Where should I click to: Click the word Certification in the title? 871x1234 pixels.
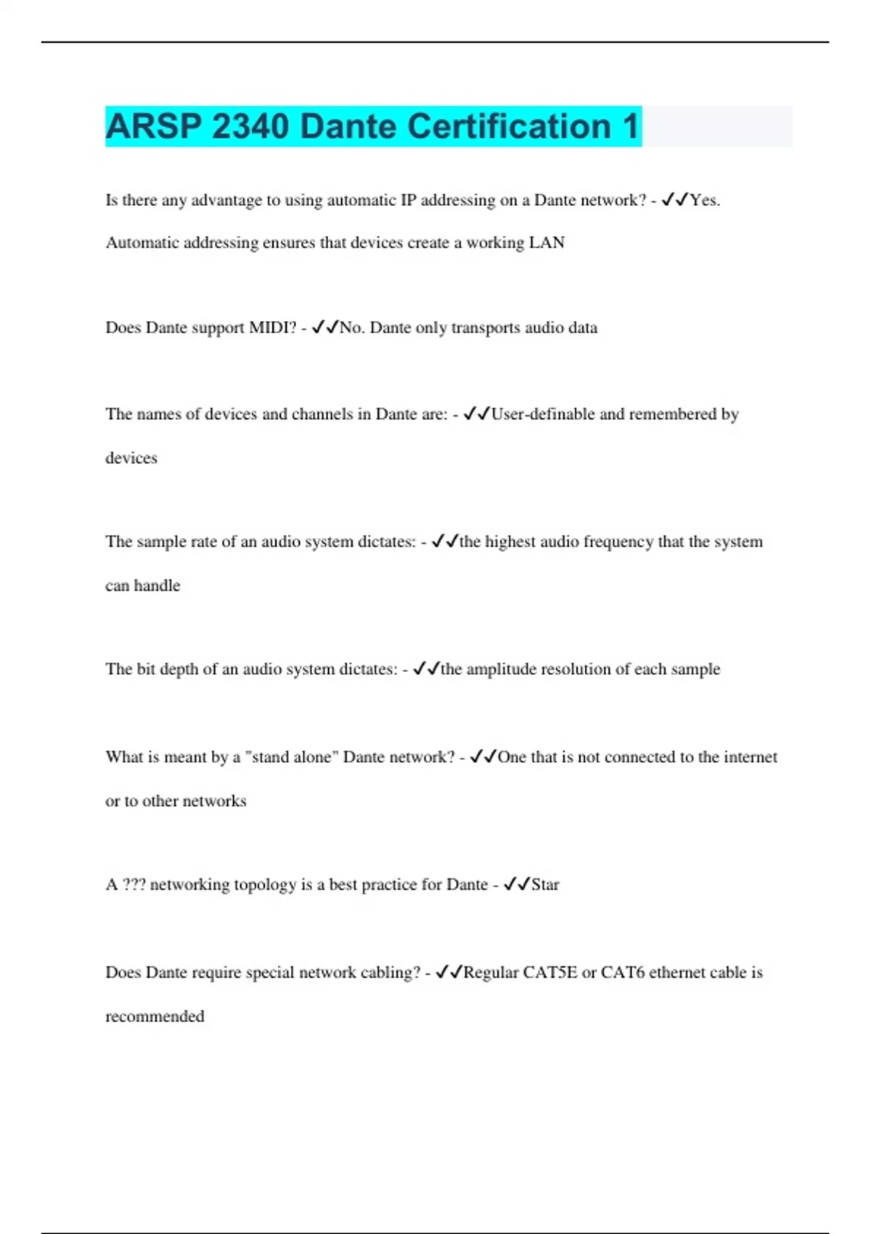point(455,126)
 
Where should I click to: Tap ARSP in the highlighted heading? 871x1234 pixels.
point(153,126)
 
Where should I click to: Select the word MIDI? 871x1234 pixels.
point(273,328)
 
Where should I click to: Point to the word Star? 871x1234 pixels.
point(545,885)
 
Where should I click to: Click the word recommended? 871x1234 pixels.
point(155,1016)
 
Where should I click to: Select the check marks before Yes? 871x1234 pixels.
point(674,200)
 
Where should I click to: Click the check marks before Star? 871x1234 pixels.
point(517,884)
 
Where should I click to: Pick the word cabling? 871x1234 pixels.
point(393,973)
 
